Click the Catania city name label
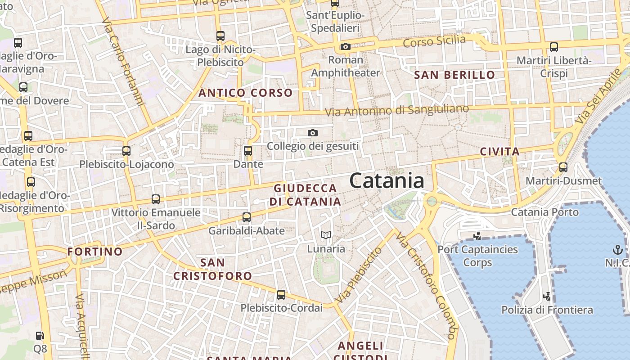point(387,181)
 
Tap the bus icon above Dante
point(247,151)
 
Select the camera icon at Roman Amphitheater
point(345,46)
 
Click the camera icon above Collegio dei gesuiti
point(313,133)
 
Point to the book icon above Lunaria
point(326,235)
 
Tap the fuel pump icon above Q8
point(40,335)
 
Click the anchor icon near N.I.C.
point(618,249)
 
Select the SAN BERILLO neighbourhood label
point(454,75)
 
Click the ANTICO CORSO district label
point(246,93)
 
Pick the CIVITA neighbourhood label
point(500,152)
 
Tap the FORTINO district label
point(95,252)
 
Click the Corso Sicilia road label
point(434,41)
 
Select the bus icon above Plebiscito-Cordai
point(281,295)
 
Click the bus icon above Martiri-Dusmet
point(563,167)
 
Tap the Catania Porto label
point(544,211)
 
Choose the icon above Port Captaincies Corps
point(477,235)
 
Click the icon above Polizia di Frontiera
point(547,297)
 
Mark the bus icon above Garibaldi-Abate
point(247,217)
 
